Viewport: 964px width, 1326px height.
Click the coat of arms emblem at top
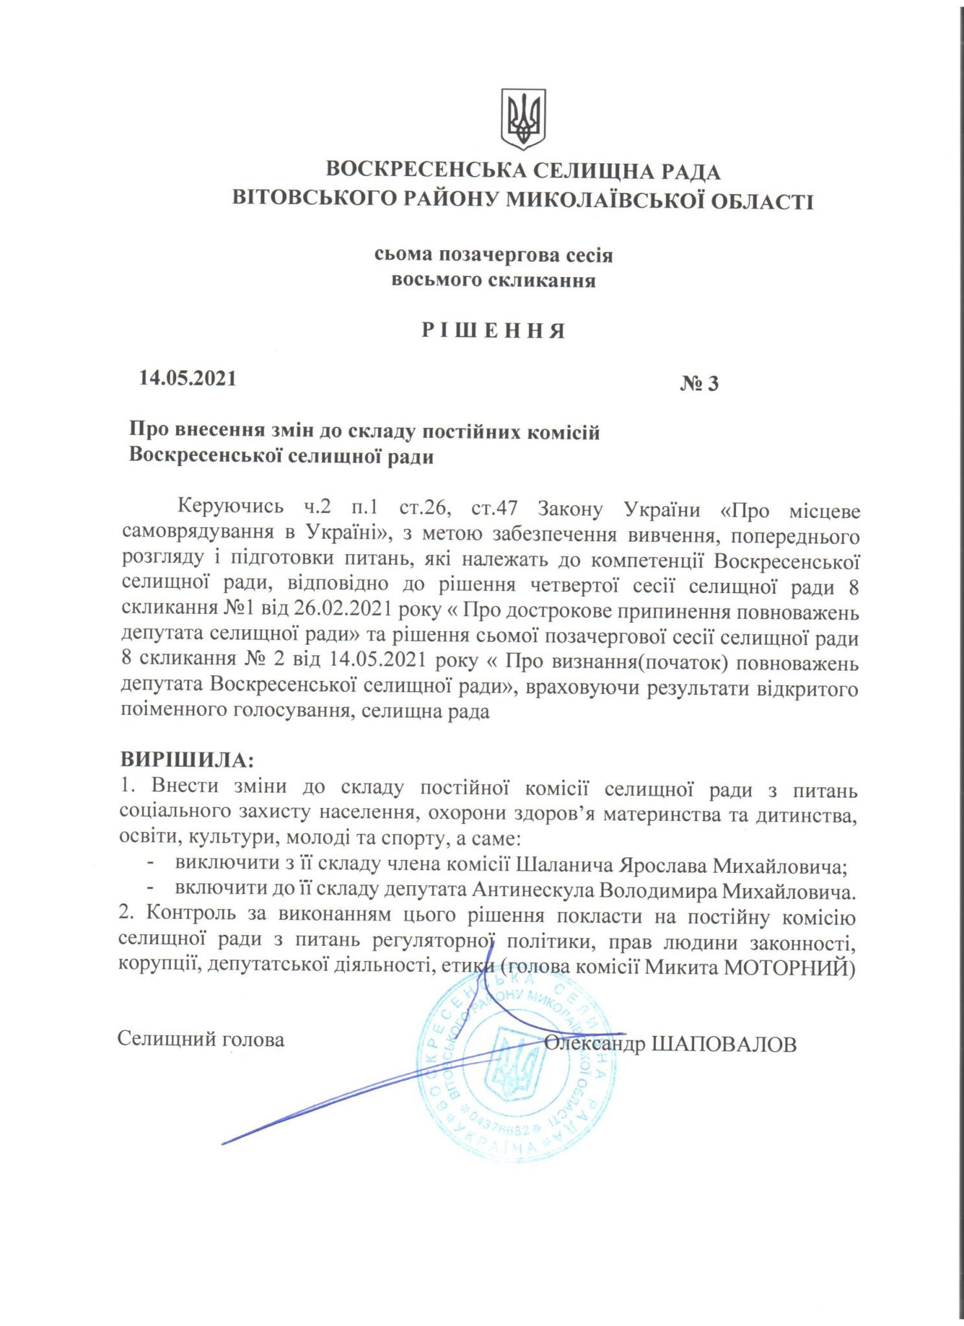click(523, 119)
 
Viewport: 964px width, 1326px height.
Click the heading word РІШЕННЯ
click(493, 331)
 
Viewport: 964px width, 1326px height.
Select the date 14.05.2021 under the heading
click(188, 377)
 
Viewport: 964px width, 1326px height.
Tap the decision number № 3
click(699, 384)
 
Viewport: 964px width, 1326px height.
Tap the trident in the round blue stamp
click(515, 1064)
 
